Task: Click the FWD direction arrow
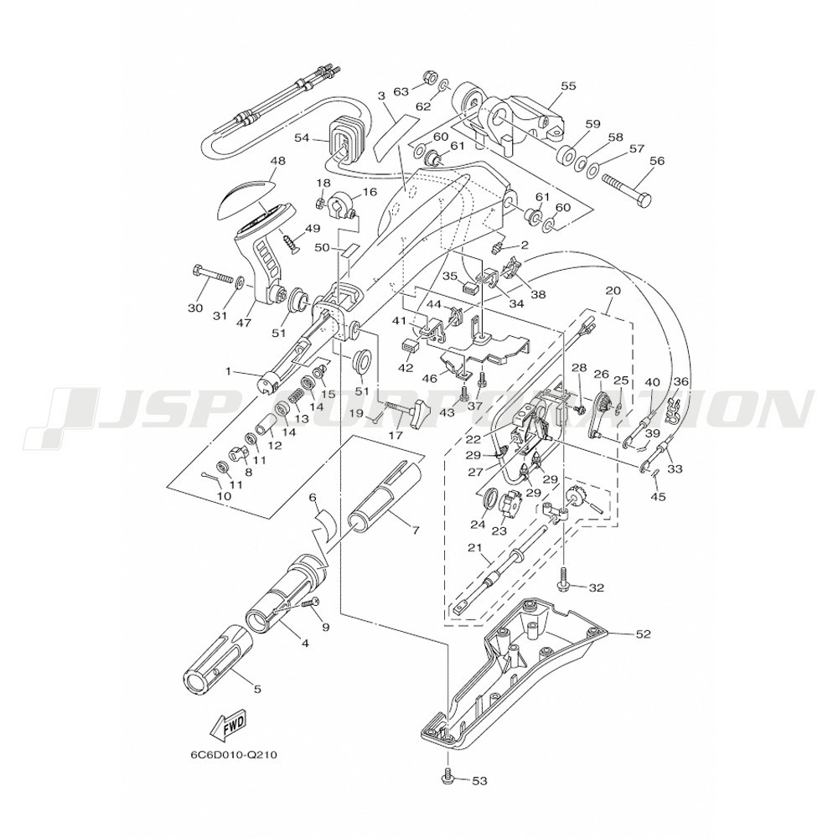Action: pos(228,726)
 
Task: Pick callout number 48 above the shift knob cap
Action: pos(254,159)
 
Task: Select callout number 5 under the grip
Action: pos(256,689)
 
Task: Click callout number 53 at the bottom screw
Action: pos(478,782)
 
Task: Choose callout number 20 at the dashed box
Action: pos(613,292)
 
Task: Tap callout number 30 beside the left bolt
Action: pos(195,308)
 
